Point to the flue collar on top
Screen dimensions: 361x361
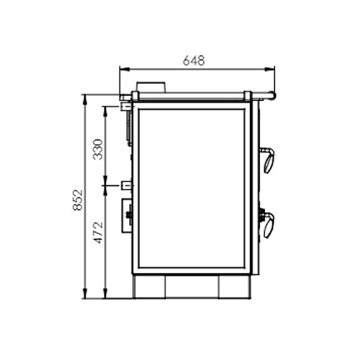[152, 87]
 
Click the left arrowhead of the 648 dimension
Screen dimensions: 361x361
[122, 70]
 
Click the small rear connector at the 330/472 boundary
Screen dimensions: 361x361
[127, 186]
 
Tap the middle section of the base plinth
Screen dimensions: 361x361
[192, 287]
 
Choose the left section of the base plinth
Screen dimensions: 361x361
[149, 287]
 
